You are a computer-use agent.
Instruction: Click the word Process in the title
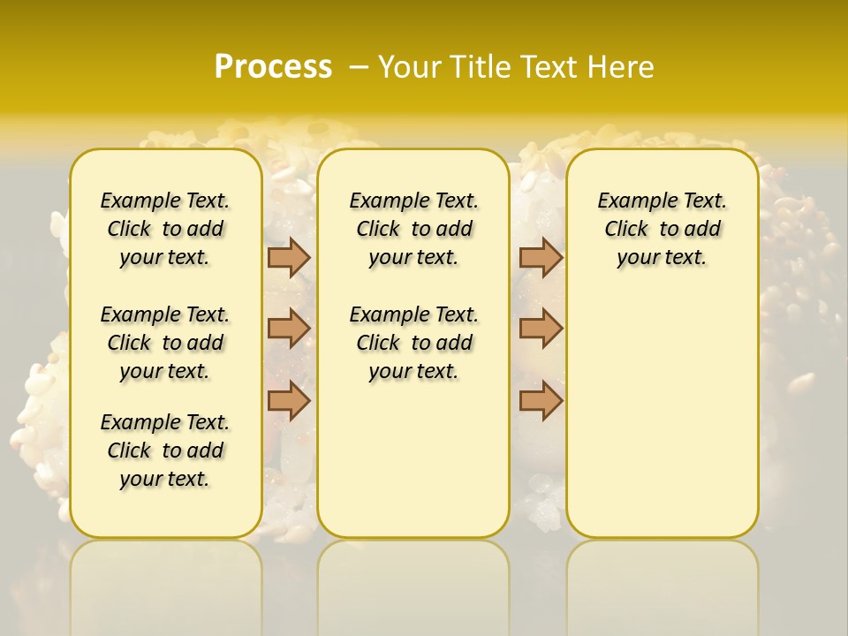click(273, 66)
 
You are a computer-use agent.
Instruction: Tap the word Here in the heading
click(622, 66)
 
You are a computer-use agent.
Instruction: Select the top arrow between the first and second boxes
click(289, 257)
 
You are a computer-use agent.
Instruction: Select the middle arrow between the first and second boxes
click(289, 329)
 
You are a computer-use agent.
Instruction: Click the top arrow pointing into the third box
click(541, 257)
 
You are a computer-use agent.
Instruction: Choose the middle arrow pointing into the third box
click(541, 329)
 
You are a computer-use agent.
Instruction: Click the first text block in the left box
click(165, 229)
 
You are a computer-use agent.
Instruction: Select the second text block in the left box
click(165, 343)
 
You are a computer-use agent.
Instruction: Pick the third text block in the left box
click(165, 450)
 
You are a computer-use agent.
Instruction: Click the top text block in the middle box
click(413, 229)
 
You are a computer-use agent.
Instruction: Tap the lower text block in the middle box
click(413, 343)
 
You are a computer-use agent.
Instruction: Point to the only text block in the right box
click(662, 229)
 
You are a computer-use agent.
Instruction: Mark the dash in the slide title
click(359, 66)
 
